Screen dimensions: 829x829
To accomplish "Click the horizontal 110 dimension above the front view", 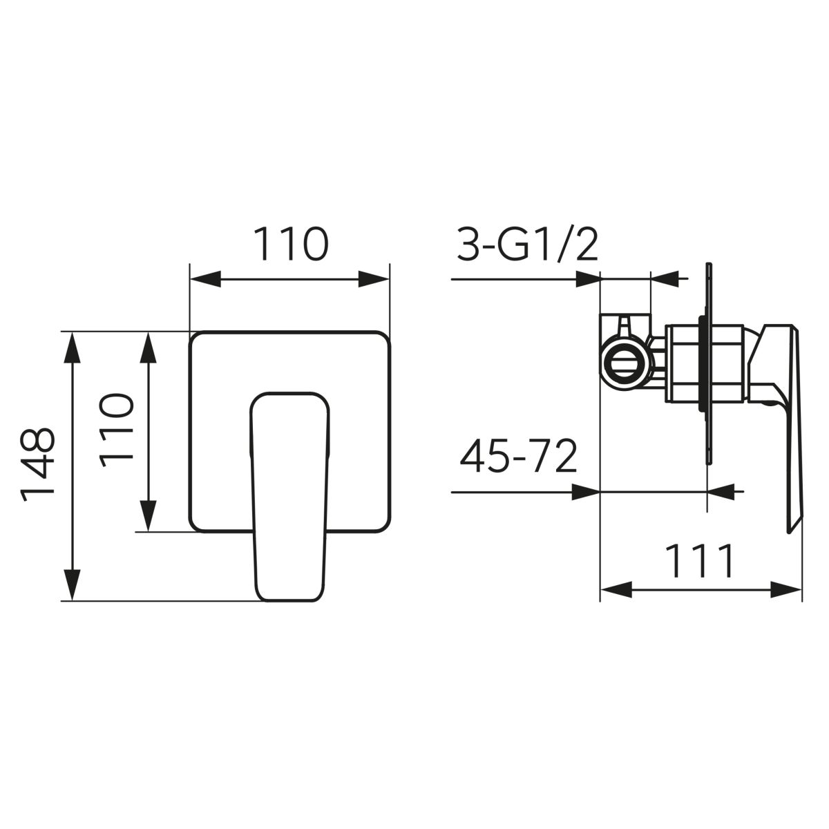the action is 291,244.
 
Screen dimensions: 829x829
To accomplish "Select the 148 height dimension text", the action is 37,465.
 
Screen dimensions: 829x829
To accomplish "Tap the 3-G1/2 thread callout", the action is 527,245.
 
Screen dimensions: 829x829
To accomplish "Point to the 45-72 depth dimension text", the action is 518,455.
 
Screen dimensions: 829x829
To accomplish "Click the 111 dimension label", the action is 698,561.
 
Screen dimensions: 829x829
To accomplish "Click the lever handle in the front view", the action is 289,497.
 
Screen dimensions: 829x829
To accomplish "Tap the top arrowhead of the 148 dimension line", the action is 72,347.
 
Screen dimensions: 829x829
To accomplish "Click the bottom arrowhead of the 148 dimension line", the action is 72,585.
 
